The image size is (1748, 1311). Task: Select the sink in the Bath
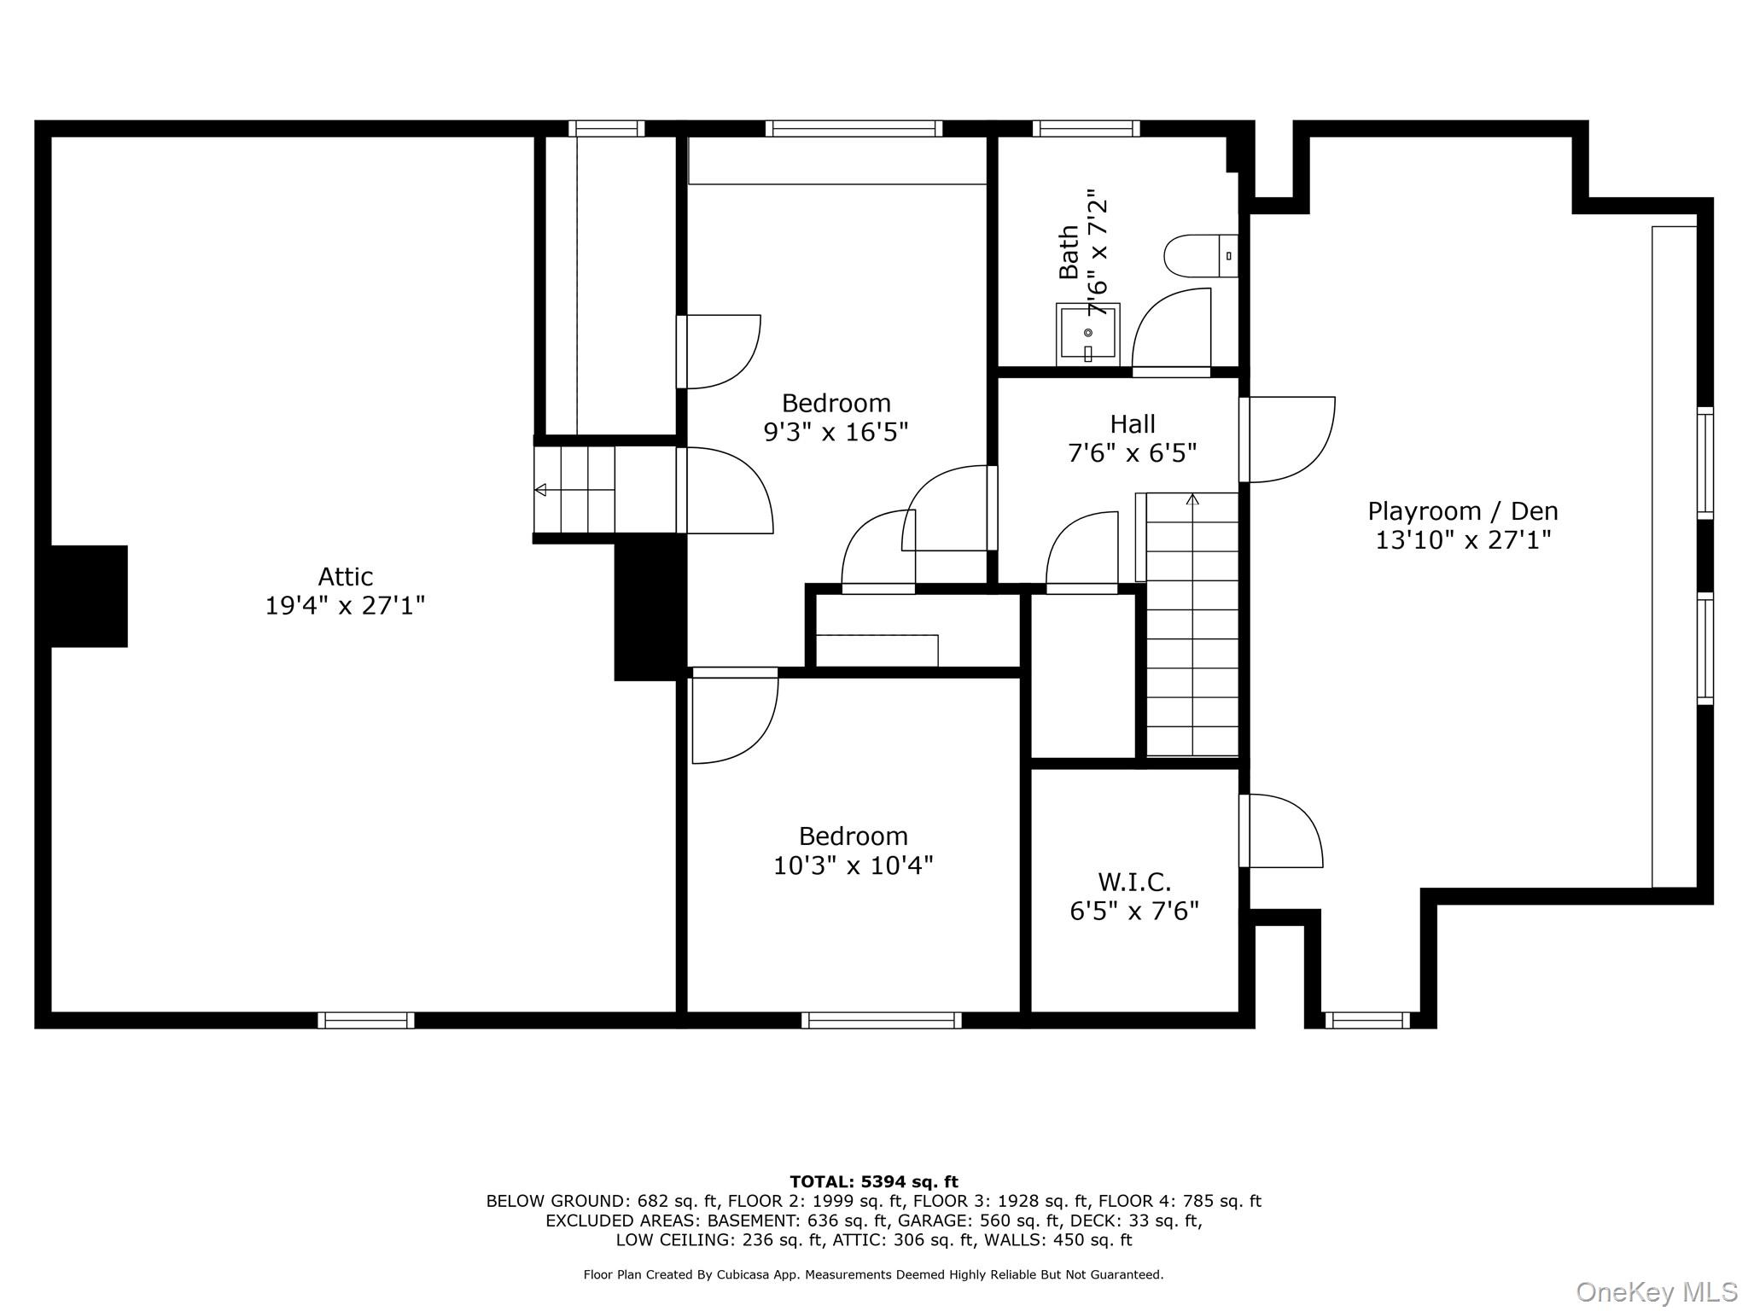[1088, 335]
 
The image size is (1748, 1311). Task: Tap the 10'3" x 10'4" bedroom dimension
[853, 865]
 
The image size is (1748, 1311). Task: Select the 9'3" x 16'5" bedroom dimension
[836, 432]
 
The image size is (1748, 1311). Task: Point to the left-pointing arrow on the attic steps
[574, 490]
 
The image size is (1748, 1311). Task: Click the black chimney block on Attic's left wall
[89, 596]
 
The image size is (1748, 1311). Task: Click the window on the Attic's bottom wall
[366, 1020]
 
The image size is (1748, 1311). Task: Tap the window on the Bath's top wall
[1086, 129]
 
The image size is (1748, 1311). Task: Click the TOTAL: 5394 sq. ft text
[874, 1182]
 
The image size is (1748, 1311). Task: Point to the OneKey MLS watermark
[1657, 1292]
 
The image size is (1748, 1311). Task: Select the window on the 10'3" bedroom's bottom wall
[882, 1020]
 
